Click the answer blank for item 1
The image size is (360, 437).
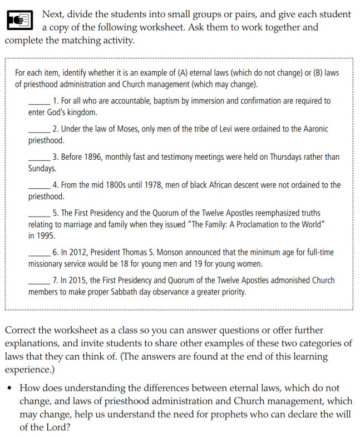(x=39, y=101)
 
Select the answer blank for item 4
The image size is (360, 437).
(x=39, y=185)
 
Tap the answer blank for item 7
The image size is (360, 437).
(x=39, y=281)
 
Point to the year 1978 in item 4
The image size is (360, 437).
(x=152, y=185)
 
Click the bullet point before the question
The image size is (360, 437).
(x=10, y=389)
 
